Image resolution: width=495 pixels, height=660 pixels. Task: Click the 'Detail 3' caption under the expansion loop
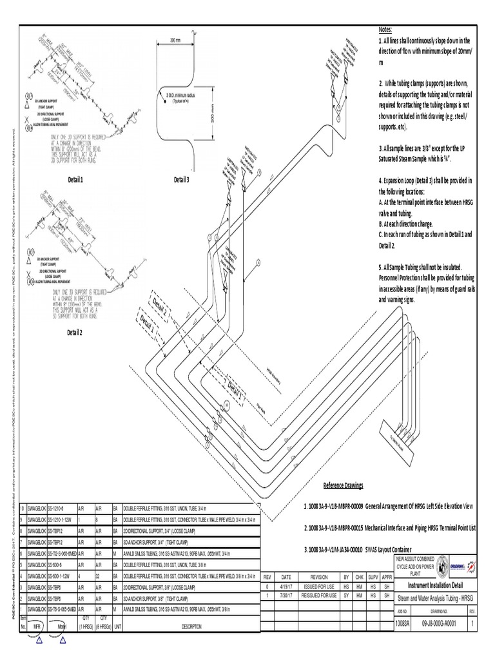point(181,180)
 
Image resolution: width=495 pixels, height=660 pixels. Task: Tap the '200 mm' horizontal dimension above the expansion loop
point(176,39)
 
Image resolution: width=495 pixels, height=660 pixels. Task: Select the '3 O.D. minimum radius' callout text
point(185,96)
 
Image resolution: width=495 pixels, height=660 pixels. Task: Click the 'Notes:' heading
point(385,30)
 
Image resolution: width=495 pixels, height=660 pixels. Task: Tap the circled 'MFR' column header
point(37,625)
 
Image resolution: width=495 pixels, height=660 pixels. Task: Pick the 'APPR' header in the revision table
point(385,576)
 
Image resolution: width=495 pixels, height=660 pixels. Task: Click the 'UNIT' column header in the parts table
point(118,625)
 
